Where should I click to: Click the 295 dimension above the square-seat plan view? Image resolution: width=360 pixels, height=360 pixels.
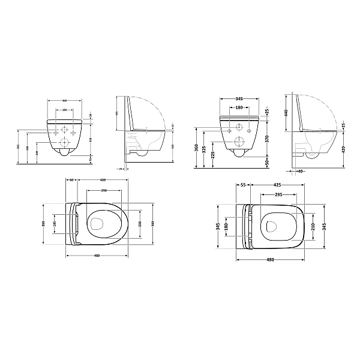click(280, 194)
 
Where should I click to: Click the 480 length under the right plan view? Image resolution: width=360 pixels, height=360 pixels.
click(270, 260)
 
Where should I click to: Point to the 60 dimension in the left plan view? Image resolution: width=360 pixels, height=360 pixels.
click(71, 179)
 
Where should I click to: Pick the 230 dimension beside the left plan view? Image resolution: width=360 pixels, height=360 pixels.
click(140, 224)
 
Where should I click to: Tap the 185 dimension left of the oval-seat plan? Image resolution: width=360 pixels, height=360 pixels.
click(55, 224)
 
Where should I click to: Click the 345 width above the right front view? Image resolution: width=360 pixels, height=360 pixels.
click(239, 98)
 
